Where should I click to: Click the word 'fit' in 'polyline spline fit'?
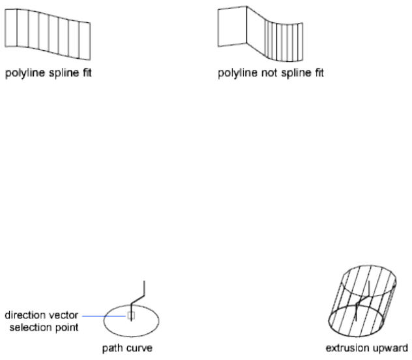(x=85, y=73)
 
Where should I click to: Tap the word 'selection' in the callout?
(x=33, y=326)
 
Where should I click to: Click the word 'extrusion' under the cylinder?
(x=346, y=348)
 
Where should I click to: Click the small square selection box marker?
(x=130, y=316)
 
